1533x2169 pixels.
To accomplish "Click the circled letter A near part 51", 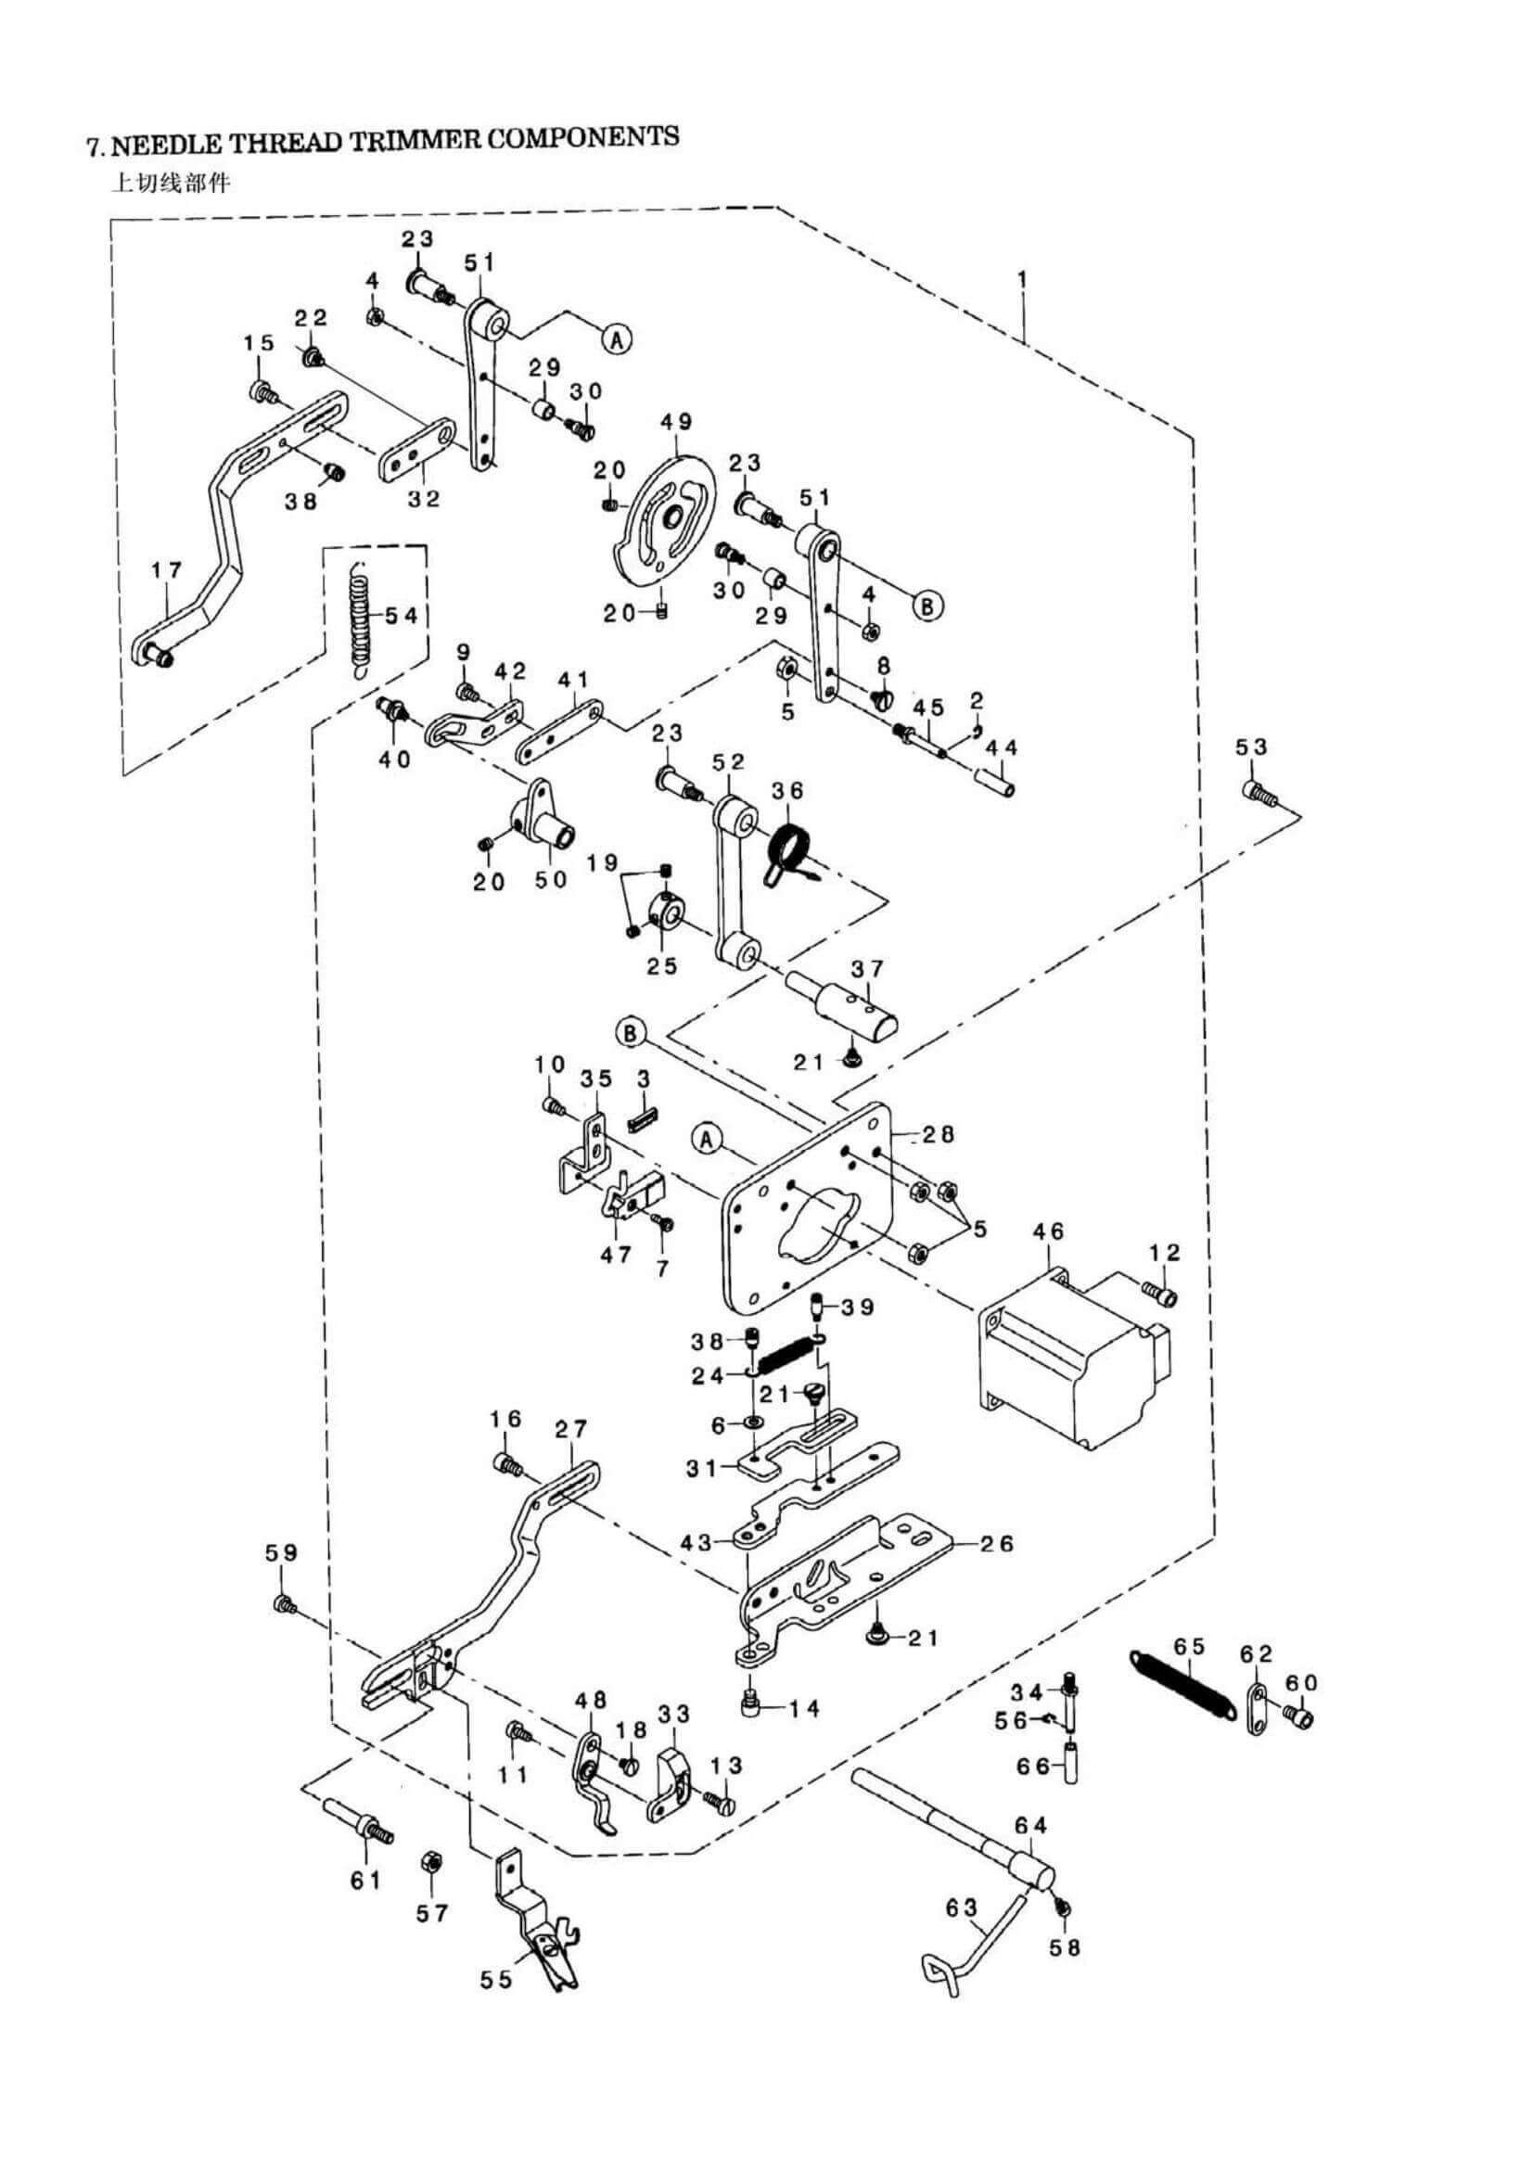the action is [617, 338].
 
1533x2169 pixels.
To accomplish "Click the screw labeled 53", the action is [1260, 794].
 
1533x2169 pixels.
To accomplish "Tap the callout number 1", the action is [1022, 280].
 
